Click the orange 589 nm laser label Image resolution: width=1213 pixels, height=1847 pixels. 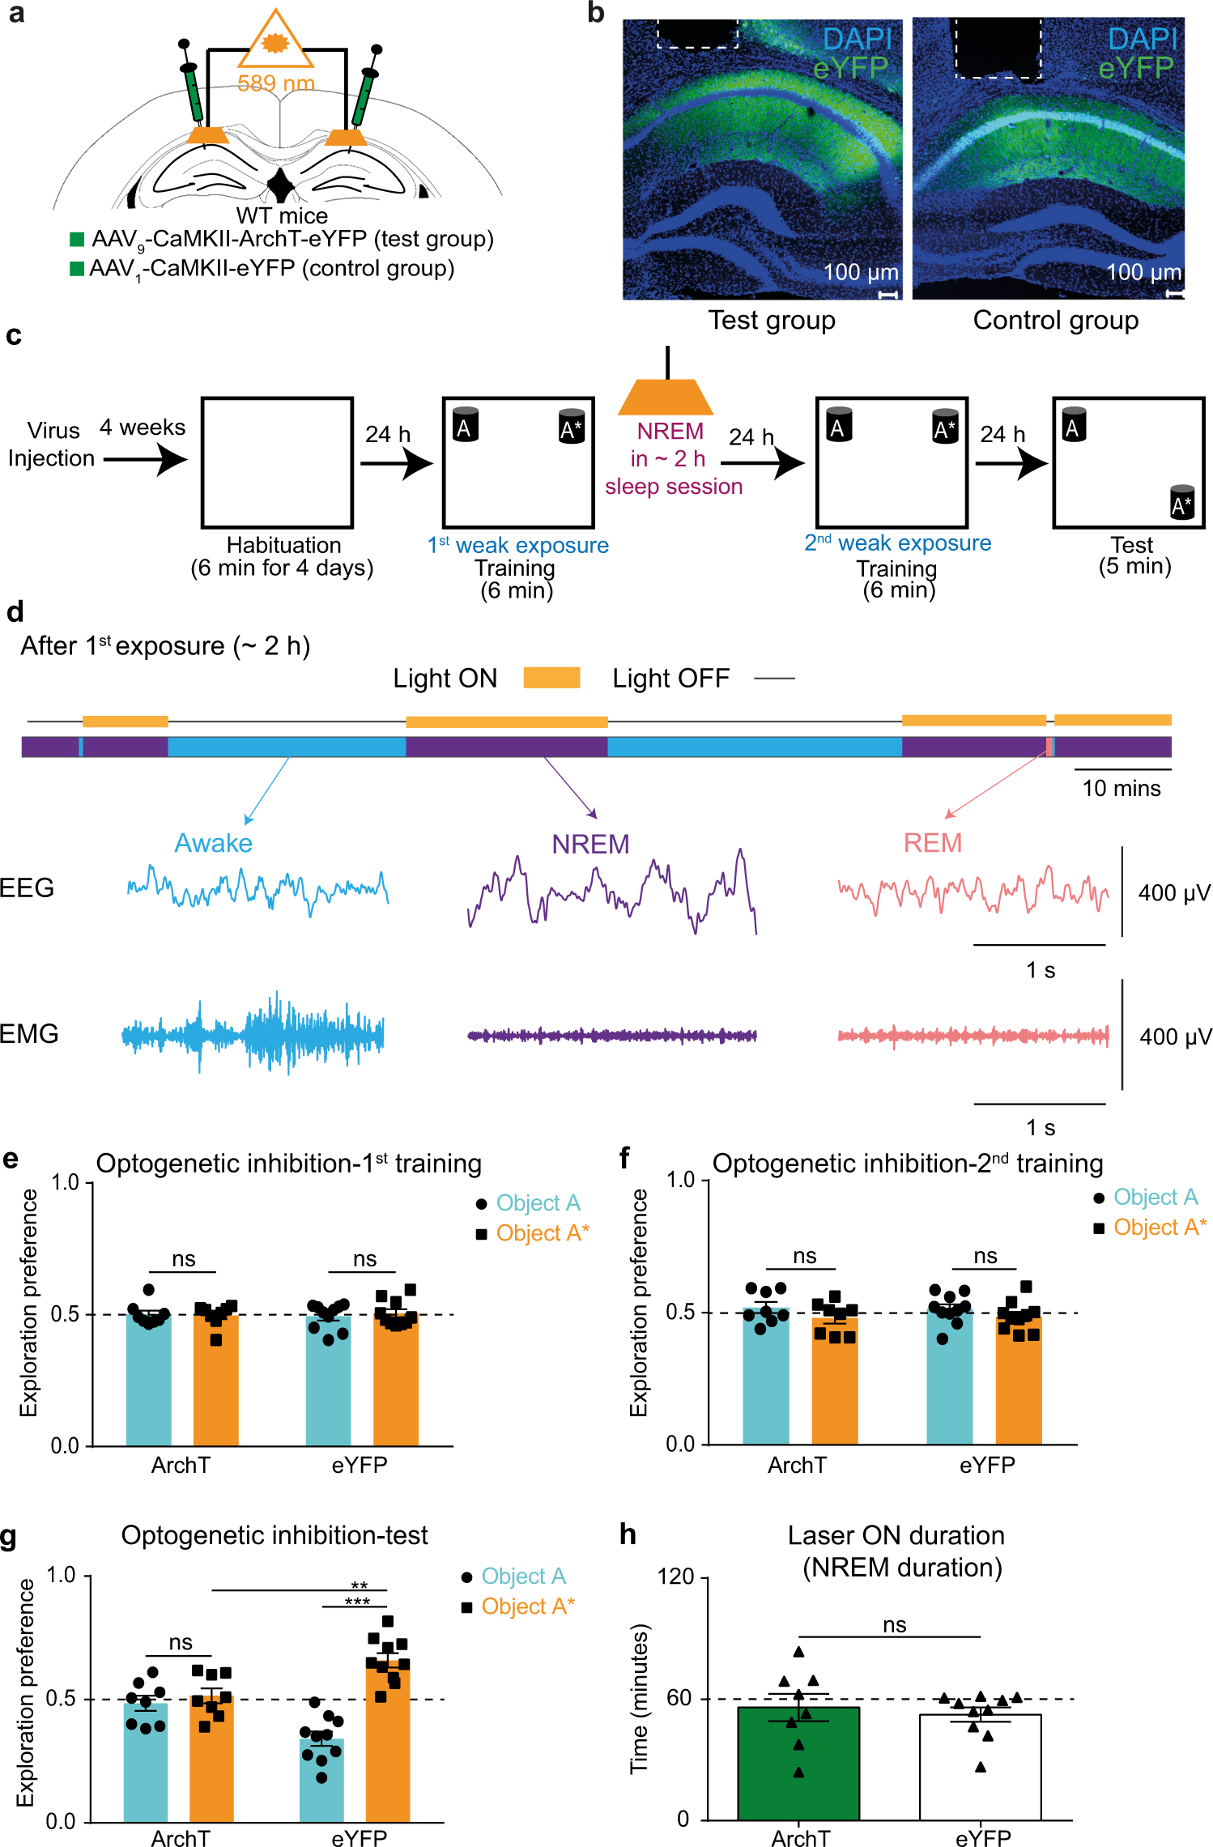(275, 83)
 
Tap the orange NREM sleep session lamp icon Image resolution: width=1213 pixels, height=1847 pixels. (666, 397)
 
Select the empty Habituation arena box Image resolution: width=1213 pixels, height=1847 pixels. (277, 462)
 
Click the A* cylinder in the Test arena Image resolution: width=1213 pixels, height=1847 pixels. (1182, 502)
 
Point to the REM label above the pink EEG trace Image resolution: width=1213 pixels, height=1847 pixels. (932, 843)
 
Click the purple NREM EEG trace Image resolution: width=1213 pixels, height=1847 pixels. (611, 891)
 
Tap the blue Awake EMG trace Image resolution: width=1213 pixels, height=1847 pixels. (253, 1034)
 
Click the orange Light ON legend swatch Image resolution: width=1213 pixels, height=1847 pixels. (551, 678)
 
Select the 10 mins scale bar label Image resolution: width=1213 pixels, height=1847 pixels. (1121, 788)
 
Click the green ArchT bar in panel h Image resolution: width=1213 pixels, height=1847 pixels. (798, 1765)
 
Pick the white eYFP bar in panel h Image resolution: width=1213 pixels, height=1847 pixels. (980, 1769)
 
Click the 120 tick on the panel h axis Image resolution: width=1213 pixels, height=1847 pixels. (675, 1577)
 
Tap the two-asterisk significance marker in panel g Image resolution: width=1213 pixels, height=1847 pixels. (359, 1585)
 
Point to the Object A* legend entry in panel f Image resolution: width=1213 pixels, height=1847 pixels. (1159, 1228)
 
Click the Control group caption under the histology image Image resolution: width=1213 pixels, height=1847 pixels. (1055, 321)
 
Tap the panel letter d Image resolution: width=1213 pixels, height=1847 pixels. (15, 612)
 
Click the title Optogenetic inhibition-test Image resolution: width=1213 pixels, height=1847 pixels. (275, 1535)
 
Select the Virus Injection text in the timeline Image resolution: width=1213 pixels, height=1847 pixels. (52, 444)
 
